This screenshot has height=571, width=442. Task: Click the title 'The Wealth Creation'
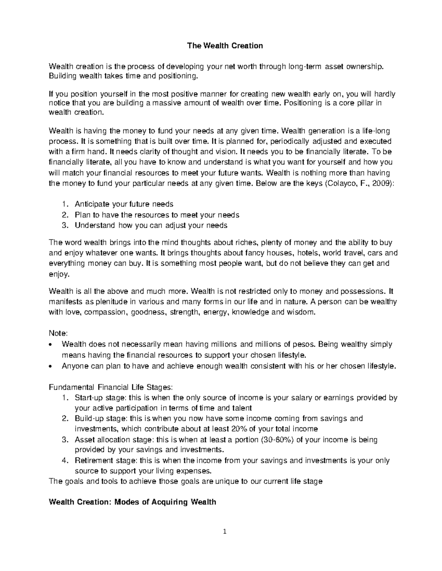point(225,46)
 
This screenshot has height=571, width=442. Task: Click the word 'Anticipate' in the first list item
point(90,204)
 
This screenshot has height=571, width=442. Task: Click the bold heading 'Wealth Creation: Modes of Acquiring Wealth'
point(132,502)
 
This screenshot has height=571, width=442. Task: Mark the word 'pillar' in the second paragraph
point(366,103)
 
